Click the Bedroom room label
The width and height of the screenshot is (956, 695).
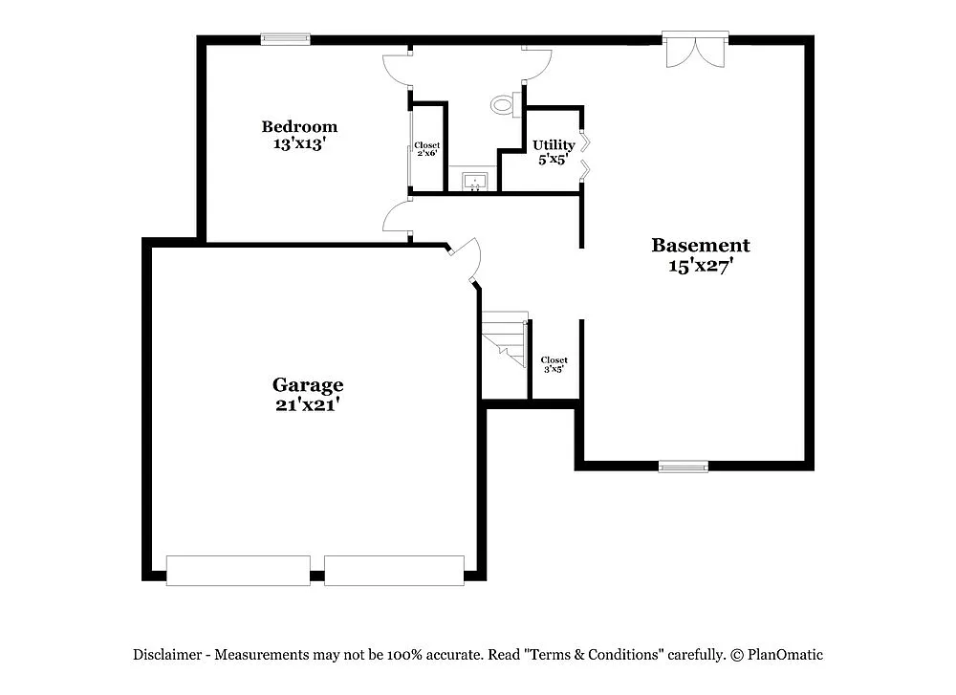point(299,126)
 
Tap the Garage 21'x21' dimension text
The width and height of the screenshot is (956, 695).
point(308,404)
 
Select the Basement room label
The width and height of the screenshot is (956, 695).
point(701,246)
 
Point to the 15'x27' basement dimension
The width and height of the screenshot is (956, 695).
point(701,267)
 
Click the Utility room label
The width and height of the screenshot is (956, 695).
point(554,145)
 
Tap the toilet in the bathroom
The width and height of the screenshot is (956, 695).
point(504,103)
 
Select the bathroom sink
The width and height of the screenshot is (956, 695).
point(475,180)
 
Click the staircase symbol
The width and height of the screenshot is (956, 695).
point(506,340)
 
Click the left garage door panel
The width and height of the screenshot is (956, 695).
point(238,570)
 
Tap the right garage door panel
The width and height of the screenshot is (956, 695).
point(394,570)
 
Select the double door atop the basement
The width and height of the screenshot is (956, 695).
point(695,50)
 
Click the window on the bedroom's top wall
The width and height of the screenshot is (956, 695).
point(286,39)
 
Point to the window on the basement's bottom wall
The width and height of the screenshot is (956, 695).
point(684,467)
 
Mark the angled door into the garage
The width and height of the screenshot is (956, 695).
point(466,259)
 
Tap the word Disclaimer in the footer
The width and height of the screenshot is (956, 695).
point(167,655)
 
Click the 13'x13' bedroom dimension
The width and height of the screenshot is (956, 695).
point(299,144)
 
